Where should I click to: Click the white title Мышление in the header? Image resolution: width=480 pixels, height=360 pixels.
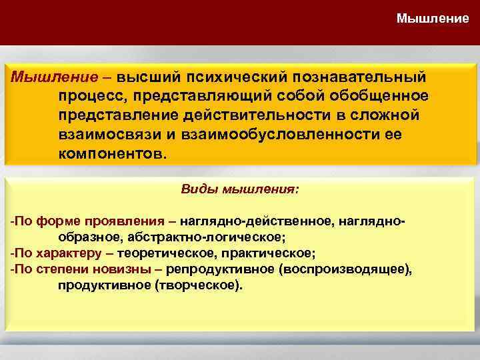(x=433, y=18)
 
